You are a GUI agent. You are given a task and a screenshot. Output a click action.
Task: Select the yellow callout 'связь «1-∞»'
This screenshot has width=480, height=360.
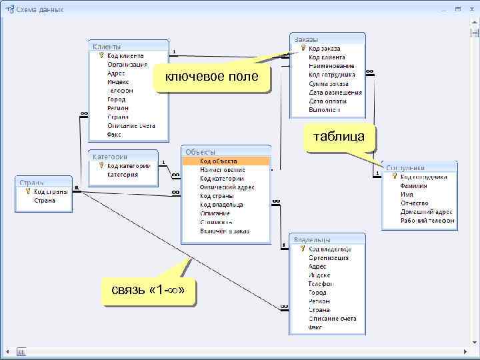tap(149, 291)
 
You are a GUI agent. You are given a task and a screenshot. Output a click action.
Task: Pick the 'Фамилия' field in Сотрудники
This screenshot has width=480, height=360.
tap(414, 185)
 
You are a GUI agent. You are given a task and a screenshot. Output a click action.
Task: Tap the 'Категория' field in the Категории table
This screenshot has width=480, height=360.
tap(123, 175)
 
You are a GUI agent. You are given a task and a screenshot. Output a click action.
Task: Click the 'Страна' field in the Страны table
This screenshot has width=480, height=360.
tap(45, 200)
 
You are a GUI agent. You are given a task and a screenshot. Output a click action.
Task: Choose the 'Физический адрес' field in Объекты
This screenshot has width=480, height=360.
tap(227, 187)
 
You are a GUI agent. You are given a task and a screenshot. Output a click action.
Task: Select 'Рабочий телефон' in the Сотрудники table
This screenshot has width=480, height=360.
tap(427, 220)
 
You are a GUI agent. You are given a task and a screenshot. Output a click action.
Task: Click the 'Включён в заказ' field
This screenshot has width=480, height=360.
tap(224, 231)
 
